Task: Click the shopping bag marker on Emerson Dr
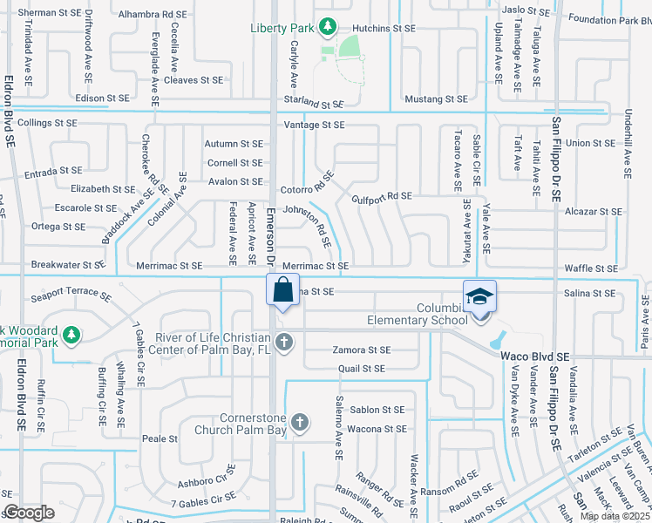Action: (x=283, y=289)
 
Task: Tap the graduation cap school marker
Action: (x=479, y=296)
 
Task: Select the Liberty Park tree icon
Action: (x=327, y=27)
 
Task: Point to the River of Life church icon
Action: (x=284, y=344)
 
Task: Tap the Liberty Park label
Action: (x=281, y=28)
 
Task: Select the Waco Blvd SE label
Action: (x=534, y=357)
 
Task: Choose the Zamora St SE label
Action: (x=360, y=350)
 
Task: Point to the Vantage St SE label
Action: (x=314, y=125)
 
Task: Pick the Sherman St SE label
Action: (x=49, y=13)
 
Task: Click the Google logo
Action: (x=29, y=513)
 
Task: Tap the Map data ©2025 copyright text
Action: (x=615, y=516)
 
